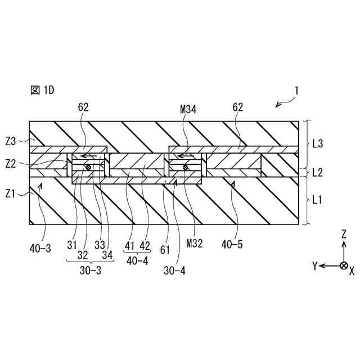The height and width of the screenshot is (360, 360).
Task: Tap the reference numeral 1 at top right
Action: pyautogui.click(x=297, y=91)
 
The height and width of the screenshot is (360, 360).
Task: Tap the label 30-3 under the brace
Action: pyautogui.click(x=88, y=269)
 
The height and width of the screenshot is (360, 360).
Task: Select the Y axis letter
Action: pyautogui.click(x=316, y=265)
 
